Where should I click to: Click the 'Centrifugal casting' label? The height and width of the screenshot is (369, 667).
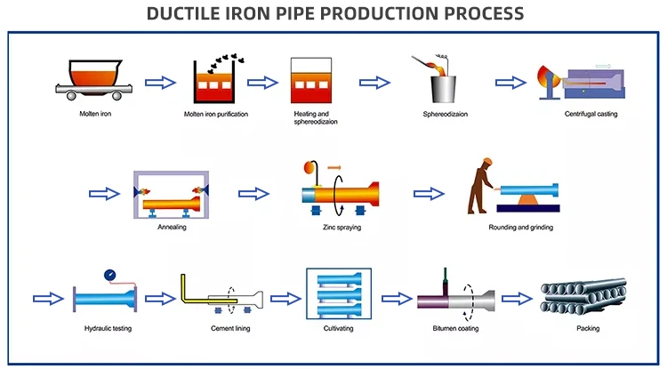coord(591,114)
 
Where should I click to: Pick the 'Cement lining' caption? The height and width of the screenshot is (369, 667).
coord(230,329)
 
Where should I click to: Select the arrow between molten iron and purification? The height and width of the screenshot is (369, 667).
coord(161,82)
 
